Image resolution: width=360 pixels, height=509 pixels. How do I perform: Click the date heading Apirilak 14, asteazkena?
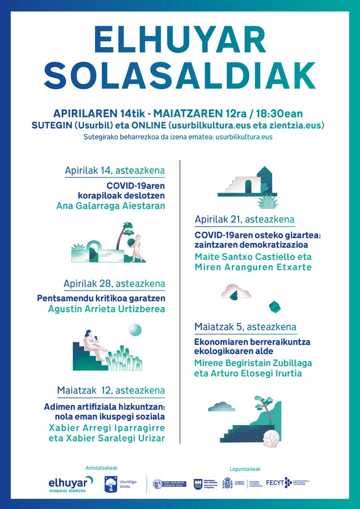pos(115,170)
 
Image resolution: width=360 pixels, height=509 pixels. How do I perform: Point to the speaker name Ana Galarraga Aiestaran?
pos(111,205)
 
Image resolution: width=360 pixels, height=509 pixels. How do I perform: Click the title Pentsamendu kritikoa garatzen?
pos(101,298)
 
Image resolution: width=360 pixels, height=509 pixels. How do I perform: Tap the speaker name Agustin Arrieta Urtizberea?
pos(106,309)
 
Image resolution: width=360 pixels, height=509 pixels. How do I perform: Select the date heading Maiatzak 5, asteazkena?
pos(245,327)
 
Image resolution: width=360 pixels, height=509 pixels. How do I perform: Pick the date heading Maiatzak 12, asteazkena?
pos(111,390)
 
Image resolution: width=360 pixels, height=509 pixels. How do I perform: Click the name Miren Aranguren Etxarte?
pos(253,267)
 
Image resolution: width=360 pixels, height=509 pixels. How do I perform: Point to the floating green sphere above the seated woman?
pos(135,330)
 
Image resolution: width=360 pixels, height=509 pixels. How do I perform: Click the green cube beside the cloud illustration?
pos(274,307)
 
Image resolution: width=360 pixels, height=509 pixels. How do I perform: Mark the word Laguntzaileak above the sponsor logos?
pos(245,469)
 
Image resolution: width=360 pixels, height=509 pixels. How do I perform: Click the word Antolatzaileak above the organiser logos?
pos(101,468)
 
